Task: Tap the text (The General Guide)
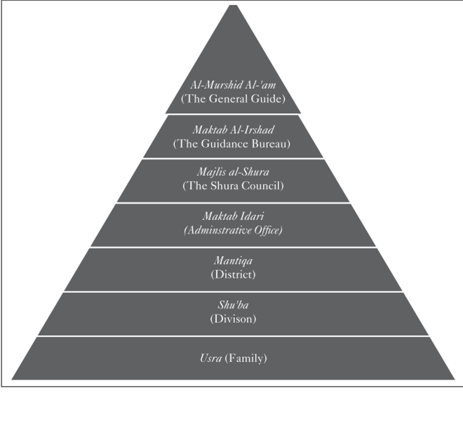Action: tap(233, 99)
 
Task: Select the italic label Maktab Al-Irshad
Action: tap(233, 129)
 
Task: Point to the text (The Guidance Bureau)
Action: tap(232, 144)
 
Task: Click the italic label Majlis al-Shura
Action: tap(233, 172)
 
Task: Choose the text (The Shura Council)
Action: tap(233, 186)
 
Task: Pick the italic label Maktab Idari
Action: tap(233, 216)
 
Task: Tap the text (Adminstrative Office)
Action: tap(233, 230)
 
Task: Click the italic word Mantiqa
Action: tap(233, 260)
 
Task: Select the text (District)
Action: tap(233, 274)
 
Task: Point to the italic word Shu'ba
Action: tap(233, 305)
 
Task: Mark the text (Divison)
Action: tap(233, 319)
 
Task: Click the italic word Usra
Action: tap(211, 358)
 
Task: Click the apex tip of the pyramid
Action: tap(233, 6)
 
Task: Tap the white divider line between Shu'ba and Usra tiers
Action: tap(233, 336)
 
